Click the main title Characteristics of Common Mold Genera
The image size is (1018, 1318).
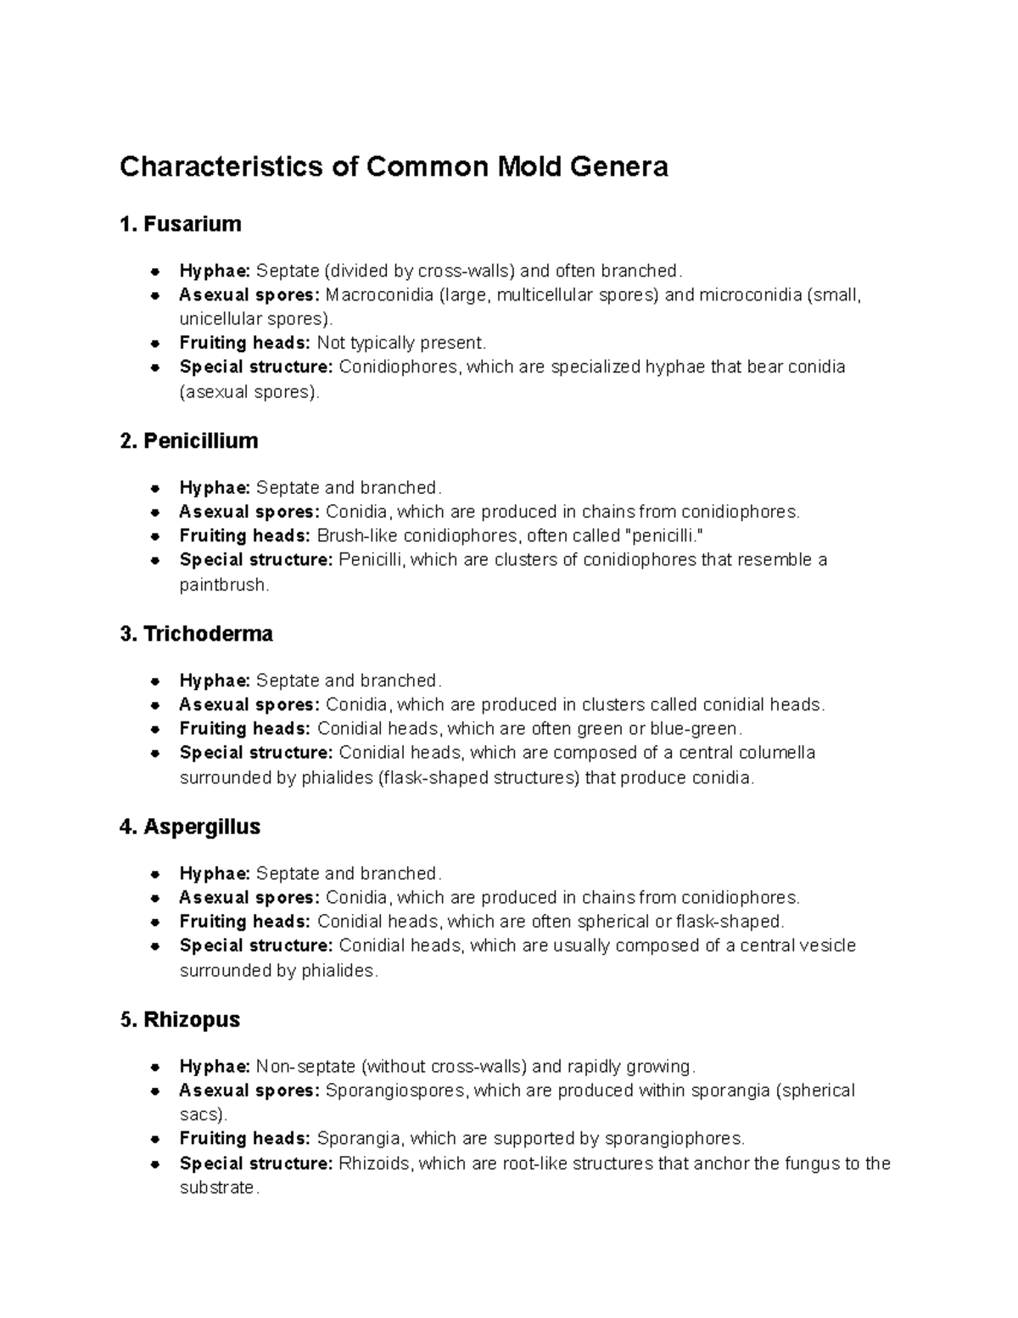(x=394, y=166)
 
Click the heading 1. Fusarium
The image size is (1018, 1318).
(x=181, y=224)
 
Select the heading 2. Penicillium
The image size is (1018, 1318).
(x=189, y=441)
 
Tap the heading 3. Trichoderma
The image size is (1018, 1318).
(x=197, y=634)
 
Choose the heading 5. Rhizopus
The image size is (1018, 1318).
(x=181, y=1019)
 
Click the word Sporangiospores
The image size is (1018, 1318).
(x=395, y=1091)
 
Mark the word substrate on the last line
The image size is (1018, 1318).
(x=217, y=1188)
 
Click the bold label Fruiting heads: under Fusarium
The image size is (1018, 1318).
(x=244, y=343)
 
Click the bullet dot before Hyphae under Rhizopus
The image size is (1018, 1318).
(x=155, y=1067)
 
